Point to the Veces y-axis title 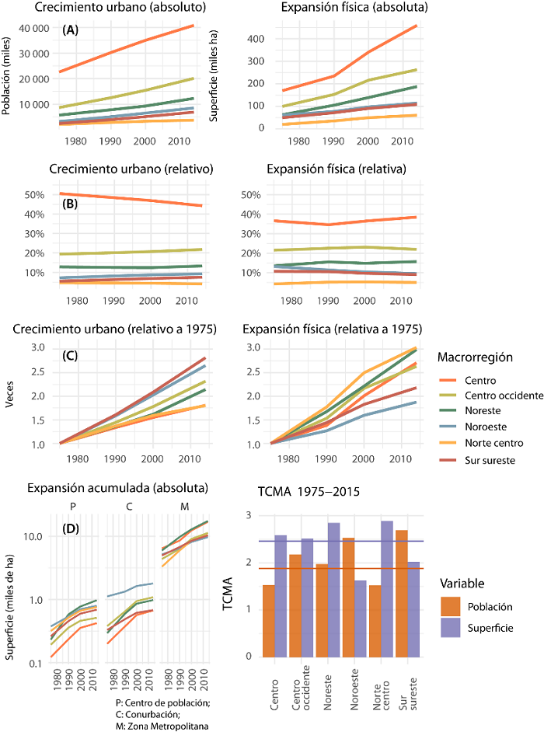pyautogui.click(x=9, y=393)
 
